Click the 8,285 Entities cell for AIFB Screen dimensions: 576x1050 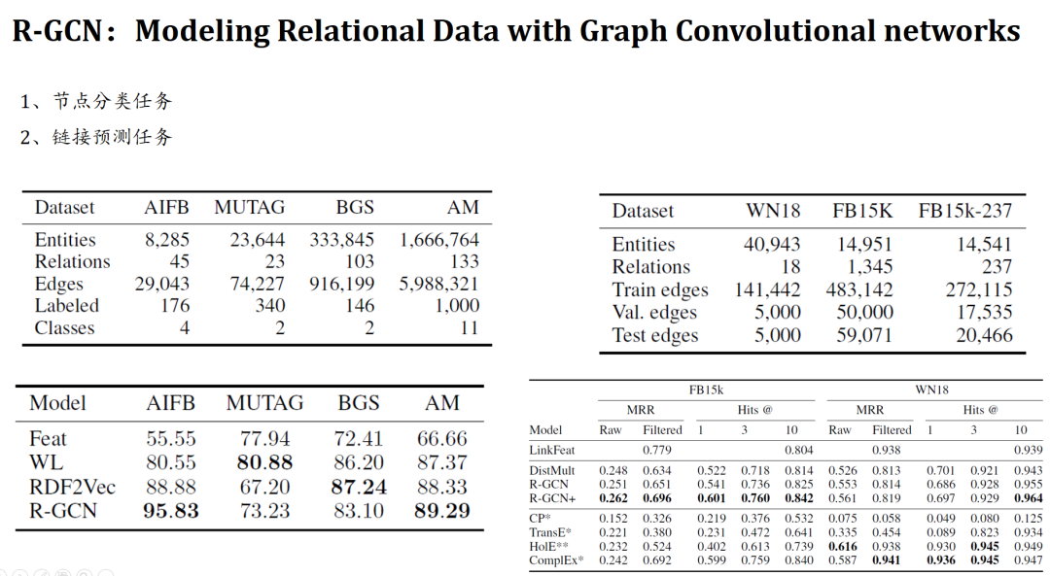tap(167, 240)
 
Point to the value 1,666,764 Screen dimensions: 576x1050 tap(438, 240)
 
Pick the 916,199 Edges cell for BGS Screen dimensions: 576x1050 tap(342, 284)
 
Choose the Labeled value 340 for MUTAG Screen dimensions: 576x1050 tap(269, 306)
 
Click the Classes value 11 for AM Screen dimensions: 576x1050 tap(469, 328)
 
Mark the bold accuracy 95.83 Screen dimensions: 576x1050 tap(170, 510)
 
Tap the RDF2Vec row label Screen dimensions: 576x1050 tap(70, 487)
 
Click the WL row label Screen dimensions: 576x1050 tap(47, 463)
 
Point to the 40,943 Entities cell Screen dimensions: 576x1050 tap(772, 245)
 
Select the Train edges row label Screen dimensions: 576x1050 tap(660, 290)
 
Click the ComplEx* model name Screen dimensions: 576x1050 tap(556, 560)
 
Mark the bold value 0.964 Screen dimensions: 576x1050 tap(1021, 498)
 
